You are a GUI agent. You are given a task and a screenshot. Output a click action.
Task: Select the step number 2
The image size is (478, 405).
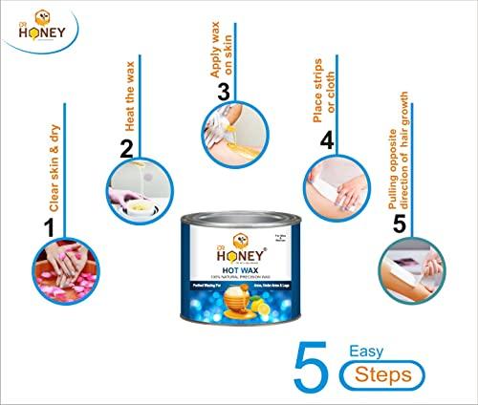pyautogui.click(x=125, y=147)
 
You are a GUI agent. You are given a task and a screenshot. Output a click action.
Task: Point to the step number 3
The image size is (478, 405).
pyautogui.click(x=223, y=92)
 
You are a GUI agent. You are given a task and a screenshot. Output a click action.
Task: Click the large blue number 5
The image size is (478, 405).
pyautogui.click(x=317, y=363)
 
